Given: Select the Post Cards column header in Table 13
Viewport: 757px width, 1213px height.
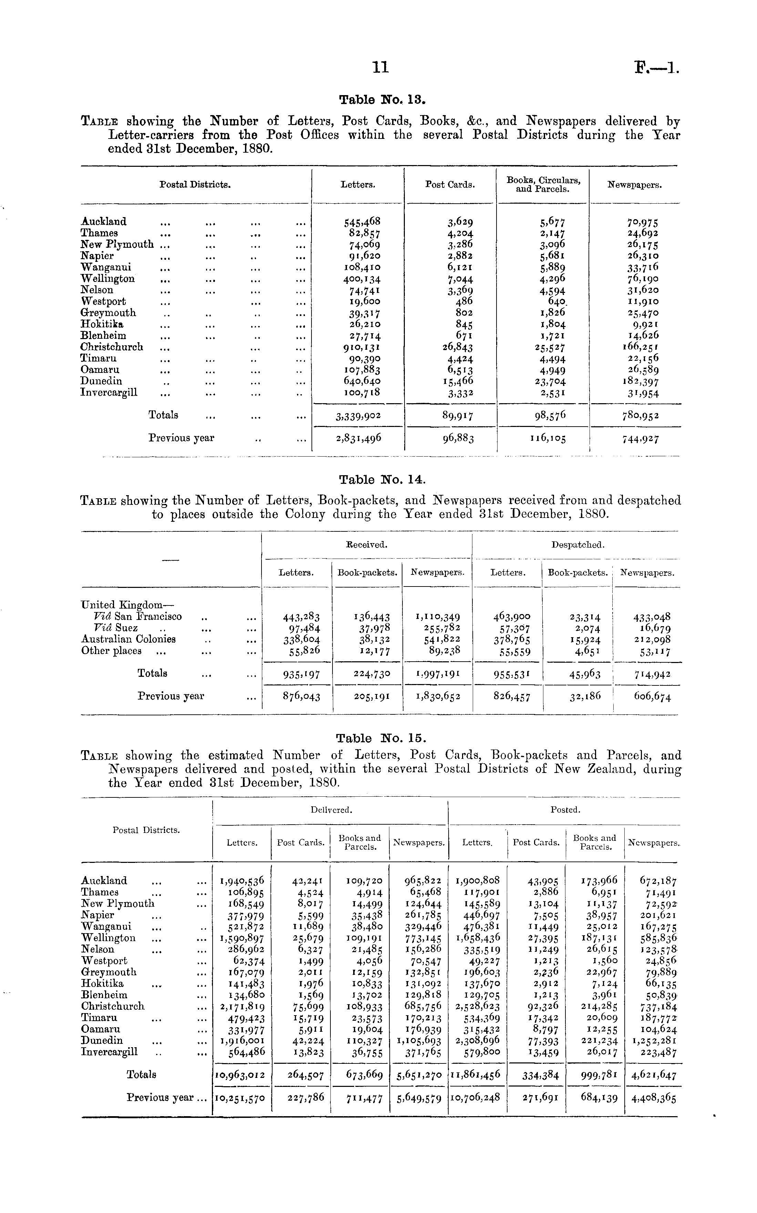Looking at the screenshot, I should click(x=450, y=185).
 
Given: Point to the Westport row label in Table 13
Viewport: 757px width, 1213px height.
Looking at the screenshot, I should click(x=104, y=302).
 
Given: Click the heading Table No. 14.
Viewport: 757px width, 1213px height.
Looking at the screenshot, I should click(x=382, y=480).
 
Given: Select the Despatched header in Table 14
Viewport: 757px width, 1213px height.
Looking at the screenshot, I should click(x=578, y=545).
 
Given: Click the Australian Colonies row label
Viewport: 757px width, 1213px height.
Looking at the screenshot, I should click(x=128, y=639).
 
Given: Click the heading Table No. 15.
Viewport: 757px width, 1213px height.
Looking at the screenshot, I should click(x=381, y=738).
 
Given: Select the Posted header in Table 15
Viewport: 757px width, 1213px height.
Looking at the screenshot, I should click(x=565, y=809).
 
